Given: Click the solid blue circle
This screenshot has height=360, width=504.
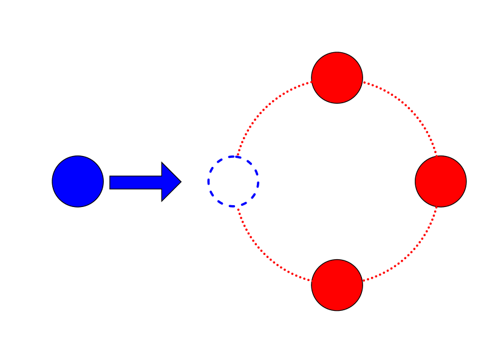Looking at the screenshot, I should tap(78, 182).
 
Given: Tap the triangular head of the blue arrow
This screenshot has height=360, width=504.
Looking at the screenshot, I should tap(170, 182).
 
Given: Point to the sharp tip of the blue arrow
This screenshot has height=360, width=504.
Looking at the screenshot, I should tap(180, 182).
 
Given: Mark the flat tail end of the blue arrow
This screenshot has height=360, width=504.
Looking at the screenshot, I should tap(111, 182).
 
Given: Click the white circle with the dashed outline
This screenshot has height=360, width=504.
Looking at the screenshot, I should tap(233, 182).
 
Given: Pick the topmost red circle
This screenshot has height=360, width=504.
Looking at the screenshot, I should tap(337, 78).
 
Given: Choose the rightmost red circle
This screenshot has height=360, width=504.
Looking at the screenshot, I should tap(441, 182).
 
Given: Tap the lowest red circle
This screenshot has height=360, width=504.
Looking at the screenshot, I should tap(337, 285).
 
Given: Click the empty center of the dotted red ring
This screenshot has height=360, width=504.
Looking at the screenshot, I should tap(337, 182).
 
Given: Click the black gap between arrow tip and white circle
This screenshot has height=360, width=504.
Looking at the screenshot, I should tap(194, 182).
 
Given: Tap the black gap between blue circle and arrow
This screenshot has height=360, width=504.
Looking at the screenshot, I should tap(106, 182).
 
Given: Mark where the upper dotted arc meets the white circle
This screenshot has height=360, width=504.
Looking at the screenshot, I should tap(238, 156).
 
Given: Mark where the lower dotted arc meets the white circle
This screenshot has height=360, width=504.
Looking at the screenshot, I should tap(238, 207).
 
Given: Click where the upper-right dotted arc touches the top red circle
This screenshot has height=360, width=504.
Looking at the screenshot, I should tap(363, 82).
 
